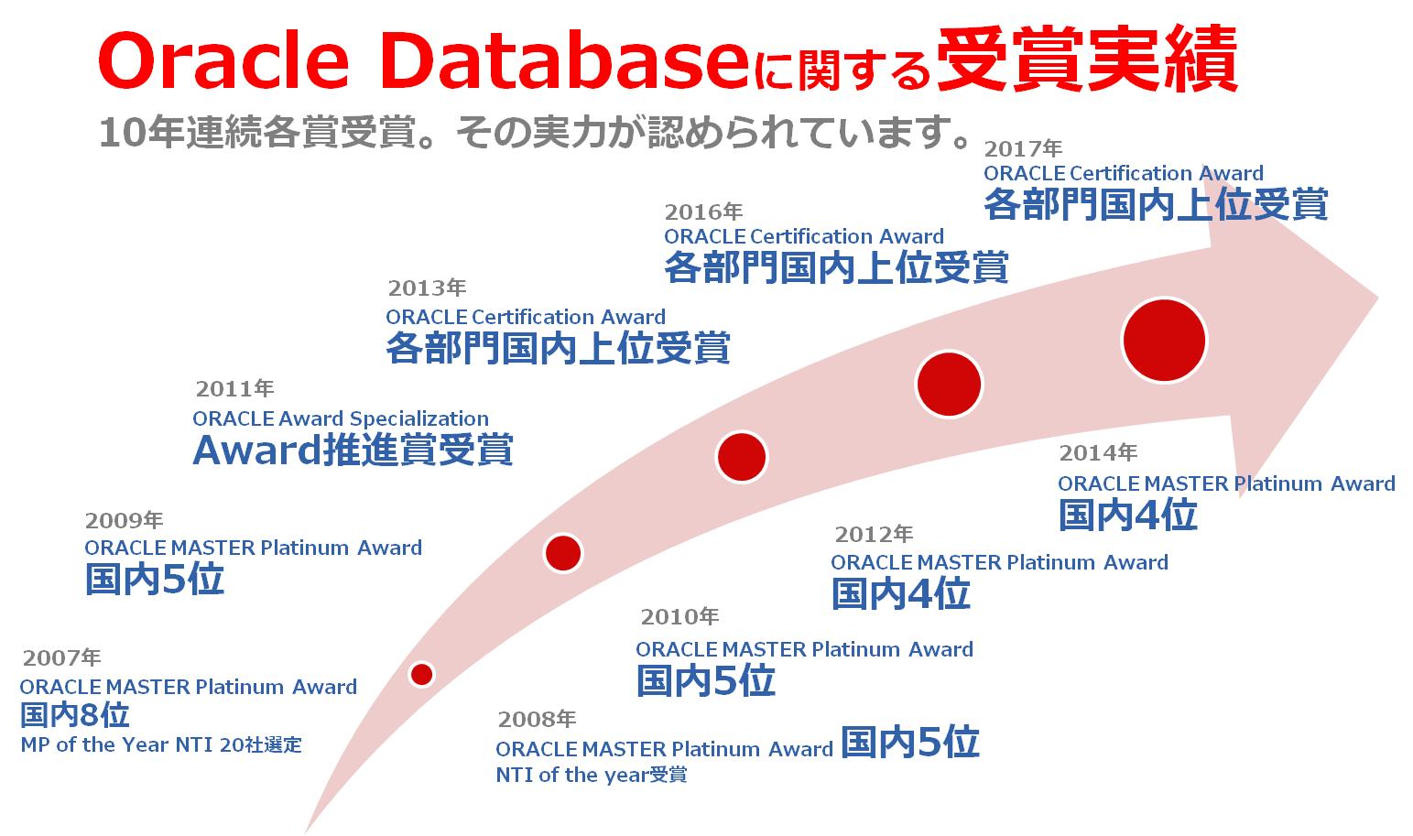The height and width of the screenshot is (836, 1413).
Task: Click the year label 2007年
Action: [x=62, y=657]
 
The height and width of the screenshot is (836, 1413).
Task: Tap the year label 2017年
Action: [x=1023, y=149]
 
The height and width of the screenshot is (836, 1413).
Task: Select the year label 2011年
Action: [x=234, y=388]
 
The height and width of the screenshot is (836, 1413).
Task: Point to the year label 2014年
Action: [x=1098, y=452]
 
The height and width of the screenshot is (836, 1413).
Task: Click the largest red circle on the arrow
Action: [x=1165, y=340]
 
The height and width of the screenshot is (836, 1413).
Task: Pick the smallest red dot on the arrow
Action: [x=421, y=674]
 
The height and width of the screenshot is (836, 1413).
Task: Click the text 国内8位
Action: [x=75, y=715]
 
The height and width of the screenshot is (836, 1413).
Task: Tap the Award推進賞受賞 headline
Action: [x=353, y=450]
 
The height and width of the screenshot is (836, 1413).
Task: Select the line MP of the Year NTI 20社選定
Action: [x=161, y=744]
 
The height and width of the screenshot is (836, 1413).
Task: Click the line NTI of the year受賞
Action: [x=591, y=774]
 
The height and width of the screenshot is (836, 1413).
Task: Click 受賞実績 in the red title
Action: [x=1088, y=59]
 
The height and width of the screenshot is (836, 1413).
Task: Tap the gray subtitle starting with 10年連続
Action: [x=534, y=133]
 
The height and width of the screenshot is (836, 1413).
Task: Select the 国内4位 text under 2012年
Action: [x=901, y=593]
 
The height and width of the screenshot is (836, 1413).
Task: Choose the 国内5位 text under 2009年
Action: [x=155, y=579]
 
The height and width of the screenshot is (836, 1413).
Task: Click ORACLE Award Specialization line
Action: [x=341, y=418]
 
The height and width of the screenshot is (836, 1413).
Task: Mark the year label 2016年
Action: [x=703, y=212]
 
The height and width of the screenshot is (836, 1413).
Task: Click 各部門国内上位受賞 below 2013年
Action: [x=559, y=348]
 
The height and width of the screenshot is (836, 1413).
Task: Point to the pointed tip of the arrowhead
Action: [x=1378, y=298]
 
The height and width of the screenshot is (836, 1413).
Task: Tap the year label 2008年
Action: [x=537, y=719]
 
